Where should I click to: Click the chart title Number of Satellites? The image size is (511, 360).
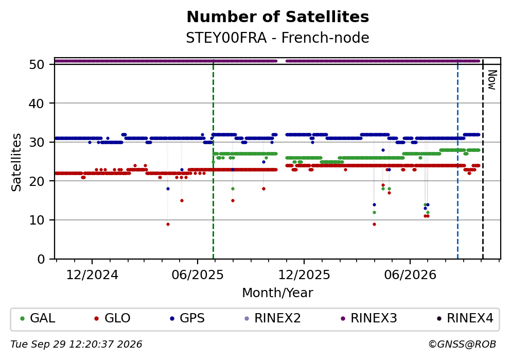coord(278,17)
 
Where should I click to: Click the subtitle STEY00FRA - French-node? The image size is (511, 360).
coord(278,38)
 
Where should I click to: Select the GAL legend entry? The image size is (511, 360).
coord(38,318)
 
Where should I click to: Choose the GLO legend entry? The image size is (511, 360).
coord(112,318)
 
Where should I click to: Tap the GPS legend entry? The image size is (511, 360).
coord(187,318)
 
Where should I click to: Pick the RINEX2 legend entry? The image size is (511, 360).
coord(272,318)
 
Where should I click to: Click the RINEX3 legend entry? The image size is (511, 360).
coord(369,318)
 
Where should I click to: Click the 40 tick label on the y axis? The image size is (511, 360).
coord(37,104)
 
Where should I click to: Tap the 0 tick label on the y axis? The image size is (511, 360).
coord(41,259)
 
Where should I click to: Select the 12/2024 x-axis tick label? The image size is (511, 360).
coord(92,275)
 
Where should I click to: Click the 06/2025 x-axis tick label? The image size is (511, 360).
coord(198,275)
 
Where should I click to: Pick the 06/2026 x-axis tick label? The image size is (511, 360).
coord(410,275)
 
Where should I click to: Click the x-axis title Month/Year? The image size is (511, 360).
coord(278,293)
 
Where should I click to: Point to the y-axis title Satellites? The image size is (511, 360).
coord(16,162)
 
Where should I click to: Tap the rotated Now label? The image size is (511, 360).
coord(492,80)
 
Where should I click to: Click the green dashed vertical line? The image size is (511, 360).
coord(213,160)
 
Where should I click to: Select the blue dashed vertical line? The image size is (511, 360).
coord(457,160)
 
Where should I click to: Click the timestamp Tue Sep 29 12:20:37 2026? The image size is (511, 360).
coord(76,345)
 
